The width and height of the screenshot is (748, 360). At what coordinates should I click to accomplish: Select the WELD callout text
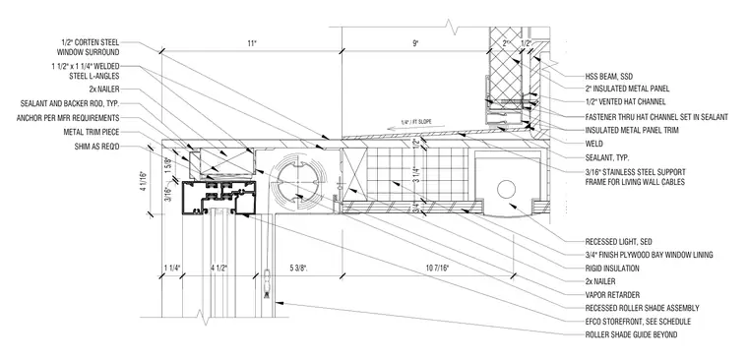pyautogui.click(x=593, y=144)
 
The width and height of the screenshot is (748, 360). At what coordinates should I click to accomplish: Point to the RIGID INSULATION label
pyautogui.click(x=612, y=269)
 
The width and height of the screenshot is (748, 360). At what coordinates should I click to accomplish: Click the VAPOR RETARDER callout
pyautogui.click(x=612, y=295)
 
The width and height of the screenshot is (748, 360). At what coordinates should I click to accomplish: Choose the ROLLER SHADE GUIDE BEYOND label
pyautogui.click(x=631, y=335)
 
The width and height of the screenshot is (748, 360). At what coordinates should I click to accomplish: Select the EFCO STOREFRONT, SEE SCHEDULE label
pyautogui.click(x=638, y=322)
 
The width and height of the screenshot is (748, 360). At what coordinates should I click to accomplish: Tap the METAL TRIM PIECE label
pyautogui.click(x=92, y=132)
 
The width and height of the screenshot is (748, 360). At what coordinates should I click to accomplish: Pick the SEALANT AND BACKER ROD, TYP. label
pyautogui.click(x=70, y=103)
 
